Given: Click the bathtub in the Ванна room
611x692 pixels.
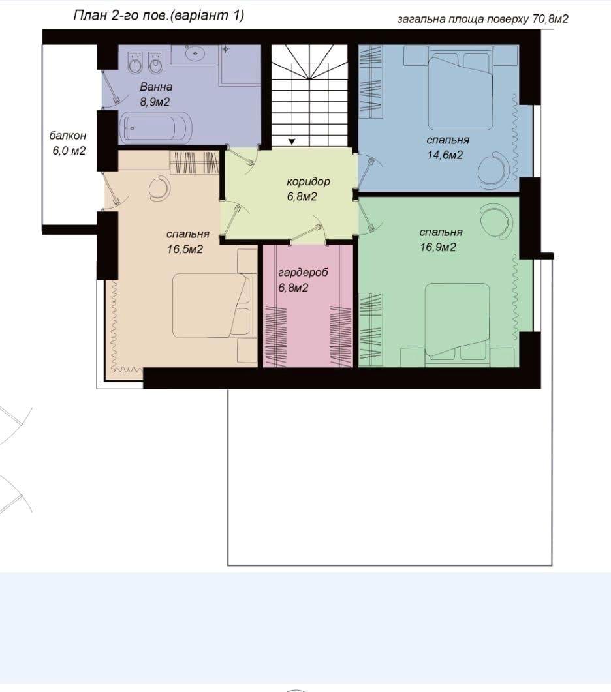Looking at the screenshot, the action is coord(156,128).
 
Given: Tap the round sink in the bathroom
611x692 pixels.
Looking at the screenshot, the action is coord(195,53).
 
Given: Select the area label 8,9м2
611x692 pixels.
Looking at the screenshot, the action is coord(155,102).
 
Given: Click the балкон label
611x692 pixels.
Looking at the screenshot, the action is coord(68,136).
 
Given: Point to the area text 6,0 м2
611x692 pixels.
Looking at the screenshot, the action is coord(69,151).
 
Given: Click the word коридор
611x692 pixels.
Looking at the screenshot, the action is coord(308,182).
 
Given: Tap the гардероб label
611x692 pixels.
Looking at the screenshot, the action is coord(303,273).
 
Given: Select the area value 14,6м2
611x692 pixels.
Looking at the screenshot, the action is coord(445,155).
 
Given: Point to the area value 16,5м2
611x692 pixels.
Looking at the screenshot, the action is coord(185,250).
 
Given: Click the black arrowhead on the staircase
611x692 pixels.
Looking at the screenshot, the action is coord(292,142).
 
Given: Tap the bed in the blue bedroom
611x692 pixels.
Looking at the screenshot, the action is coord(460,92).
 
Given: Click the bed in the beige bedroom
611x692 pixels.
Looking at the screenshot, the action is coord(209,306).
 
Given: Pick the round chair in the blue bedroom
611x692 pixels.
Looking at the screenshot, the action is coord(494,170).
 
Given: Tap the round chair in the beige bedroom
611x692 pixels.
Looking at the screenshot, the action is coord(159,188).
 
